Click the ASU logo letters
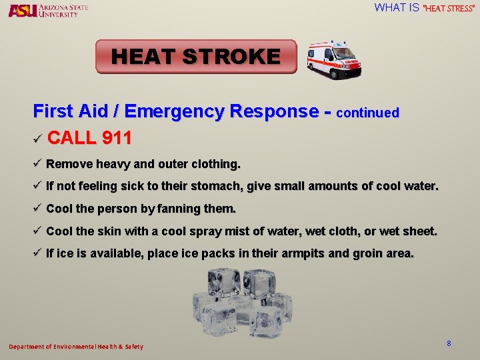tap(22, 10)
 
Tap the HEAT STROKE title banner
tap(196, 56)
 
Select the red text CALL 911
tap(90, 139)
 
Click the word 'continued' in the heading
tap(368, 113)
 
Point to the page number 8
tap(449, 343)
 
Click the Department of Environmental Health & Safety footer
tap(75, 347)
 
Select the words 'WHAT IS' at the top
tap(397, 8)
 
